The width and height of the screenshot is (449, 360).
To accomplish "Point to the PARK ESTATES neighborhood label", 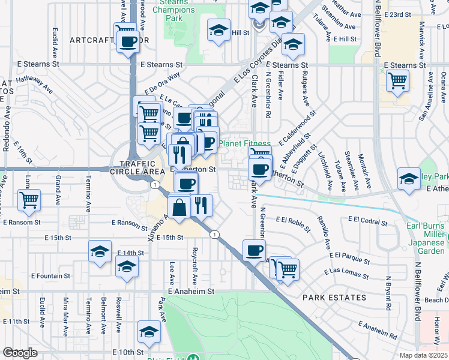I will click(x=334, y=298).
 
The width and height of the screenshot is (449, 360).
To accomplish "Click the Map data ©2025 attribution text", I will click(x=424, y=355).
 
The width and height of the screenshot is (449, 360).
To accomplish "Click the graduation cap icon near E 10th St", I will click(x=149, y=331).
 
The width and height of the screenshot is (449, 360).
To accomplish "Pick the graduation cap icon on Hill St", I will click(x=219, y=29).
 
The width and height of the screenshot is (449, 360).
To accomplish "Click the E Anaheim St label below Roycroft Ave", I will click(x=191, y=291).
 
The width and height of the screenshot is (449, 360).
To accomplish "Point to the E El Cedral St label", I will click(x=367, y=221).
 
